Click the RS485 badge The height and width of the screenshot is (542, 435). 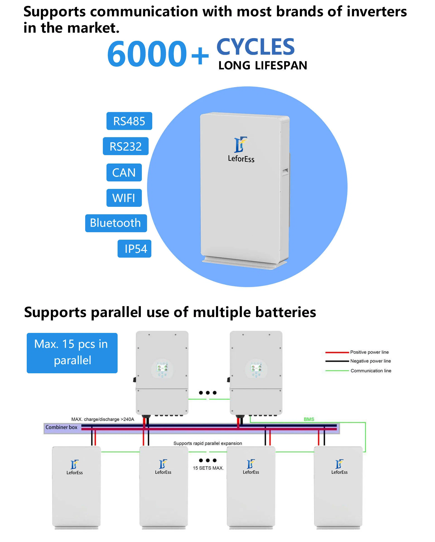129,121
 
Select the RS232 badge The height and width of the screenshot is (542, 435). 126,146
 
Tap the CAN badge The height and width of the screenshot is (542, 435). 124,172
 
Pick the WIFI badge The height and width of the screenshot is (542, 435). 124,198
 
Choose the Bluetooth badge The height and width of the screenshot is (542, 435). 116,223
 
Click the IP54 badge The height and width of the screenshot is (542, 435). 134,249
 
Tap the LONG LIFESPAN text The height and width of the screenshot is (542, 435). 263,66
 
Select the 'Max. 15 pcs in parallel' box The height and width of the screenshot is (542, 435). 72,353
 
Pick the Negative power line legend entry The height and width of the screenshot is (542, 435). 358,361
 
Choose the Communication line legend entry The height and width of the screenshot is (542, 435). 358,371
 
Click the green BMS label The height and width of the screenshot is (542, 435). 309,419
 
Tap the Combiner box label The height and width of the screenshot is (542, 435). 62,427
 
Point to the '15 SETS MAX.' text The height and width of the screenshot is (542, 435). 208,468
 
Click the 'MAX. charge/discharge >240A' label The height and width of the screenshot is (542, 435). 103,419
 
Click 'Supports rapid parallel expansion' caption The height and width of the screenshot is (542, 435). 208,443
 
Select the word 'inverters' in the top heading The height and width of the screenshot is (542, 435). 377,12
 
